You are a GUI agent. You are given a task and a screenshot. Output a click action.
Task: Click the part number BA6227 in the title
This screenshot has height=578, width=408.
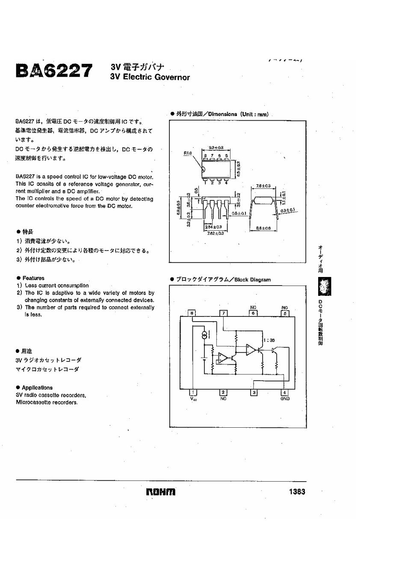point(53,71)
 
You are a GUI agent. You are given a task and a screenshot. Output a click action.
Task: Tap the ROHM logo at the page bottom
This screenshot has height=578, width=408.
point(160,492)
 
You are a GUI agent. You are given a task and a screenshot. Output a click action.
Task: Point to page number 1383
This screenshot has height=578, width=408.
point(297,492)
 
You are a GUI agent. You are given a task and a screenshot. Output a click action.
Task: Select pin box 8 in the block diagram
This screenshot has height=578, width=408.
point(192,313)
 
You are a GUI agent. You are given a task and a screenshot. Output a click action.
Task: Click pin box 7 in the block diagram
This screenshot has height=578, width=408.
point(223,313)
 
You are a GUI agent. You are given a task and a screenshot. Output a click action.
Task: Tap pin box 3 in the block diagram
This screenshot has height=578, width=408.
point(254,392)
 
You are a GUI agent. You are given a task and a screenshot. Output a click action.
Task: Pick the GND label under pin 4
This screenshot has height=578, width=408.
point(285,399)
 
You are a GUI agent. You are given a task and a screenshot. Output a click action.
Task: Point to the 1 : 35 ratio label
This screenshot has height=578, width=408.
point(269,340)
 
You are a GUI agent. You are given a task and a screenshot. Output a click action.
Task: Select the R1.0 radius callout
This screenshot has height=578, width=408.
point(188,152)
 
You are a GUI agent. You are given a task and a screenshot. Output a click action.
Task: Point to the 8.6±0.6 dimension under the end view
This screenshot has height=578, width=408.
point(263,228)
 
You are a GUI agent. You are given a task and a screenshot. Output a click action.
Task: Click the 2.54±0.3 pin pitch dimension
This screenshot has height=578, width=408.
point(213,226)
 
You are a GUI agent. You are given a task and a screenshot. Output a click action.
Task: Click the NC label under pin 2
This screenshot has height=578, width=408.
point(223,399)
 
